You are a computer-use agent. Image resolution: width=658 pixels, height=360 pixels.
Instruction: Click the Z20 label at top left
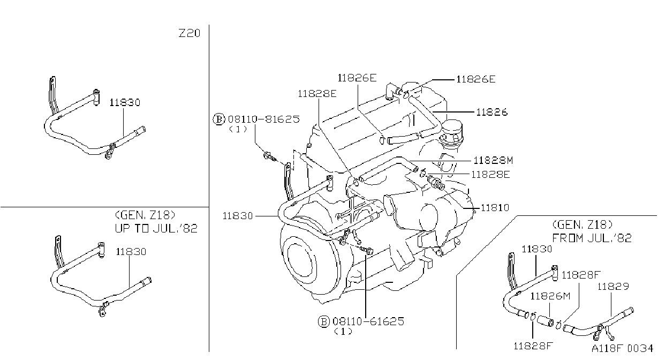click(190, 33)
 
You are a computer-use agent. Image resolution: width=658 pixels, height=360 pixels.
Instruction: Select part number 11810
click(495, 208)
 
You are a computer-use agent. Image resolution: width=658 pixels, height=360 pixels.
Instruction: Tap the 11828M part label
click(493, 161)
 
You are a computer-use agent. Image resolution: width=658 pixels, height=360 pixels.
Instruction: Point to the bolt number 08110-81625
click(264, 119)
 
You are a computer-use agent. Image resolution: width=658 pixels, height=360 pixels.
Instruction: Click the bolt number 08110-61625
click(368, 321)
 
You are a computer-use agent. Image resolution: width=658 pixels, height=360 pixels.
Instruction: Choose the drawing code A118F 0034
click(623, 348)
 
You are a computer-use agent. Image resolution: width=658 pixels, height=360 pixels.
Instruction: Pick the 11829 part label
click(614, 286)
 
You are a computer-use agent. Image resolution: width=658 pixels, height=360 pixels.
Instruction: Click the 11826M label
click(550, 296)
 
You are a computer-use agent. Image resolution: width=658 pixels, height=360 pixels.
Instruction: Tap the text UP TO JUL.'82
click(156, 228)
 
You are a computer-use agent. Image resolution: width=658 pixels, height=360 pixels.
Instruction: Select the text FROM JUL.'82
click(592, 238)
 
